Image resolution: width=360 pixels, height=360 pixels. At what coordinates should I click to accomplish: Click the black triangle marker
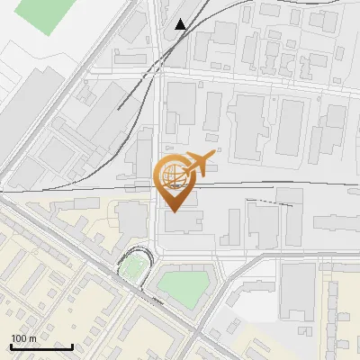(182, 24)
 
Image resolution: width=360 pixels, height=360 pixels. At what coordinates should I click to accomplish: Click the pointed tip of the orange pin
(172, 212)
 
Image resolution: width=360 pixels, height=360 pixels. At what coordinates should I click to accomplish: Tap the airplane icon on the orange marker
(198, 164)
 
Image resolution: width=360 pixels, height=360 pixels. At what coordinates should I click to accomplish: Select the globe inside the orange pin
(171, 176)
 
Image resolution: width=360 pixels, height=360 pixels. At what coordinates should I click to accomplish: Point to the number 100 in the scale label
(20, 337)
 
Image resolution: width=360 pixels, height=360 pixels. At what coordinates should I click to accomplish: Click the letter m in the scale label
(33, 337)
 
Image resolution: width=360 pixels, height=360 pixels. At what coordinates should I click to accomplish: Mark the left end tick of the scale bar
(11, 346)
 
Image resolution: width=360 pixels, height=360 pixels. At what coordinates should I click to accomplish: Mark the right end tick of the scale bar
(73, 346)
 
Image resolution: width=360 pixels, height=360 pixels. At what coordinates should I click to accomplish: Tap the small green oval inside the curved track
(134, 266)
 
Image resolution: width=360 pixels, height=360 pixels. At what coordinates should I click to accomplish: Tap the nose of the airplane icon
(214, 157)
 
